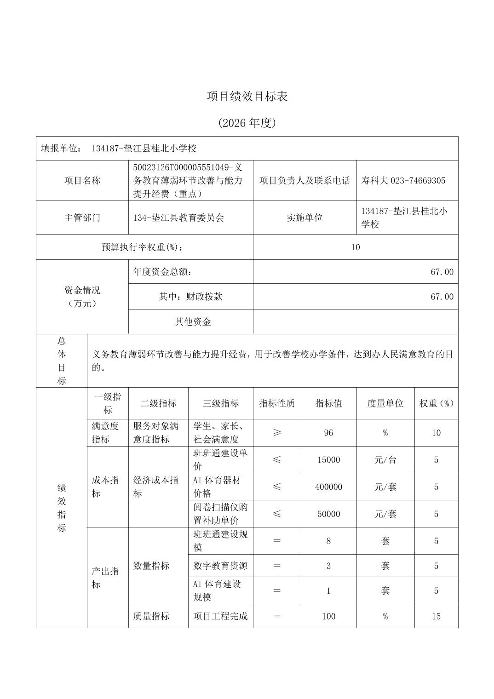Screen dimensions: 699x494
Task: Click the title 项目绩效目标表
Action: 247,97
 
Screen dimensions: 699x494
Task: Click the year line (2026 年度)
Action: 247,123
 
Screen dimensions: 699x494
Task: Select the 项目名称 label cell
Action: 82,181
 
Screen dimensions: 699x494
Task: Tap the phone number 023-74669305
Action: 418,181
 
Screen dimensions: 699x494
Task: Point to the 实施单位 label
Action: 304,218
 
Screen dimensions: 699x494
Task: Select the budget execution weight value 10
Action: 355,247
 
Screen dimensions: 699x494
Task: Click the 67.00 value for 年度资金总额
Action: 442,272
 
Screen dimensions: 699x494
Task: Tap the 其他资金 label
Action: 193,322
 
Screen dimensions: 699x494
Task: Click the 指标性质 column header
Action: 276,403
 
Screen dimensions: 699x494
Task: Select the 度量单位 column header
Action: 385,403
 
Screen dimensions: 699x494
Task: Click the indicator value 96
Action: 328,433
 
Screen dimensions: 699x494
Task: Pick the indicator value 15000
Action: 328,460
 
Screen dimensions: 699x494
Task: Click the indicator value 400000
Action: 328,487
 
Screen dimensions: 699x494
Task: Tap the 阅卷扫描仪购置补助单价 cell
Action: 220,514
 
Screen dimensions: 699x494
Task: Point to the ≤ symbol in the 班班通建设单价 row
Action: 276,460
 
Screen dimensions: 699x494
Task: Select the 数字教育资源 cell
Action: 220,566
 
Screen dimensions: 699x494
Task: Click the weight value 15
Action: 436,616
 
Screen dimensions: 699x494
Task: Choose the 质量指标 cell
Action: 151,616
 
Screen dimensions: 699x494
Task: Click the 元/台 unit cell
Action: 385,460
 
